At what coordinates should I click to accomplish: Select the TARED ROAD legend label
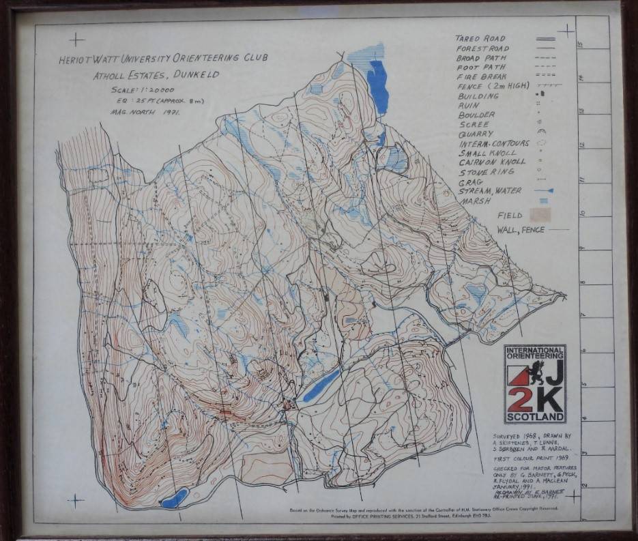[x=481, y=39]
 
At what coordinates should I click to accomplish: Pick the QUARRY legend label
[x=476, y=134]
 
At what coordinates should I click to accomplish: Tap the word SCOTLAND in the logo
[x=536, y=416]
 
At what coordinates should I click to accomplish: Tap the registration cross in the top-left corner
[x=76, y=40]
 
